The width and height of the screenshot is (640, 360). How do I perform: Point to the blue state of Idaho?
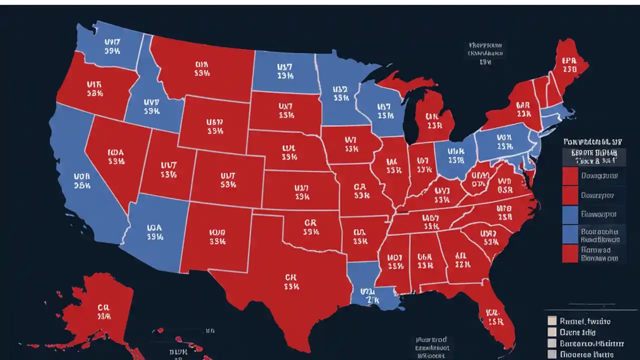(x=150, y=105)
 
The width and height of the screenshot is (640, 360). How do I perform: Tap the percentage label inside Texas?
(x=291, y=287)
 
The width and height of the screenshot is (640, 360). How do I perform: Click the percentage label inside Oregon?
(x=94, y=93)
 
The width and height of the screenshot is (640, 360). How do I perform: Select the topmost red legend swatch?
(x=569, y=176)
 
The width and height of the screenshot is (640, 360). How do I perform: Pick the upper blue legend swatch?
(x=569, y=214)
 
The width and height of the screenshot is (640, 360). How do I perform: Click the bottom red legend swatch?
(x=569, y=253)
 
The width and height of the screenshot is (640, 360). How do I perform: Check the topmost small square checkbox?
(x=551, y=321)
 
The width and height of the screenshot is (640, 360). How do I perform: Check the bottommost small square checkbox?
(x=551, y=353)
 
